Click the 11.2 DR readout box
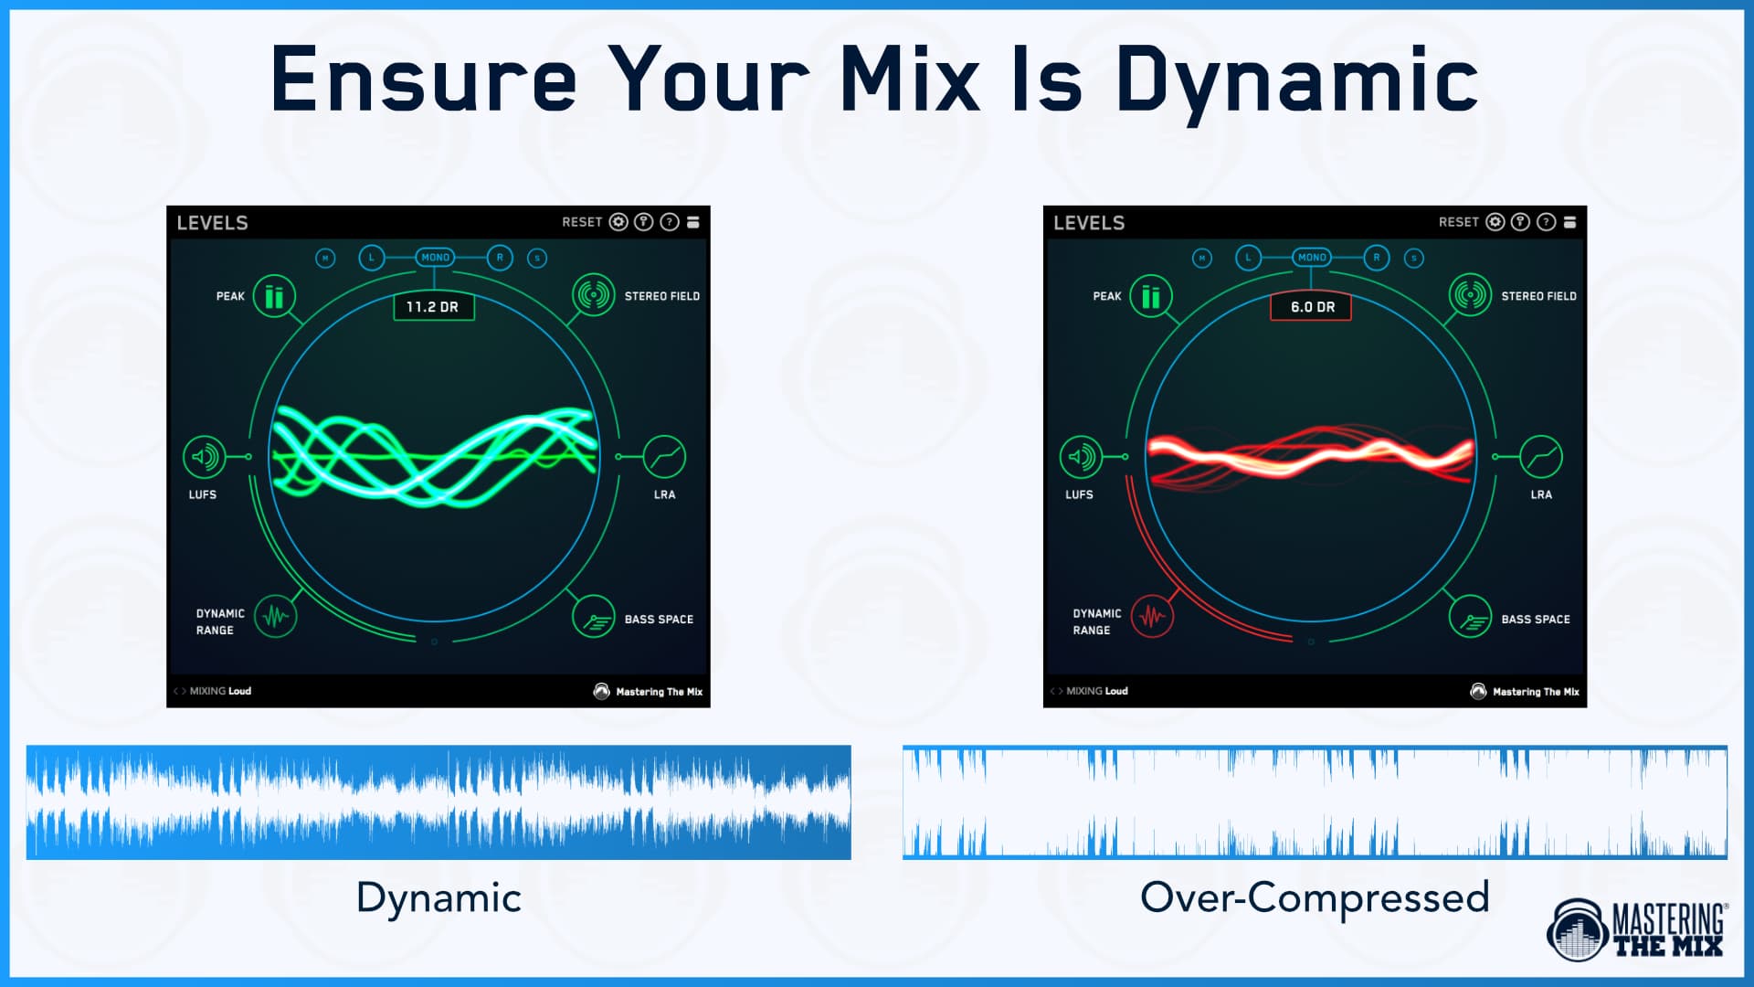click(433, 307)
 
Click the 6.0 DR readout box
click(1311, 307)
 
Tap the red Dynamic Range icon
click(1152, 617)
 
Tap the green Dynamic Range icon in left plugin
click(275, 617)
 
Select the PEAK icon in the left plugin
click(274, 296)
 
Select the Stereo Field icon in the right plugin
click(1470, 295)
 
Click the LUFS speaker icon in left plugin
click(205, 456)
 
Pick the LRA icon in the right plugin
click(1541, 456)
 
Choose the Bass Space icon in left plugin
click(594, 618)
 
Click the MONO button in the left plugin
click(435, 258)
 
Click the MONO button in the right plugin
click(1312, 258)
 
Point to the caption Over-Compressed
click(1314, 897)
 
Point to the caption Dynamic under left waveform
click(438, 897)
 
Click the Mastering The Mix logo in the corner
click(1635, 929)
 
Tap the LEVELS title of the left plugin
click(212, 223)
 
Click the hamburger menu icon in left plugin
click(693, 222)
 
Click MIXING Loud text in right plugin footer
click(1097, 691)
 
